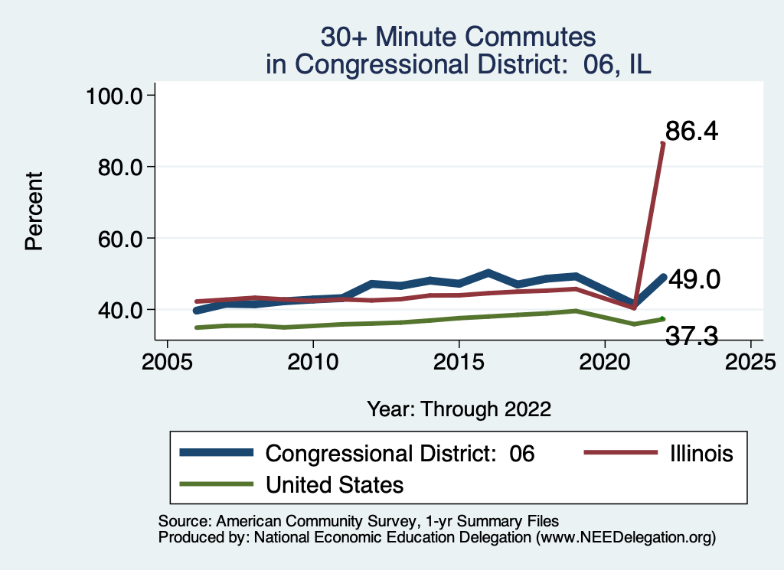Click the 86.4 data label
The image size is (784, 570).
[x=691, y=132]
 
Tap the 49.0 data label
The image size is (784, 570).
[x=694, y=280]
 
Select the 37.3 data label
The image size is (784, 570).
[x=692, y=335]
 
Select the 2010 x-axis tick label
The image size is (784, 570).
[x=312, y=360]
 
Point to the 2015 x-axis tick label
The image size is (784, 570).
[x=459, y=360]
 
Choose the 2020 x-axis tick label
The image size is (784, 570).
[x=605, y=360]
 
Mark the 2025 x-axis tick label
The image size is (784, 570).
[x=750, y=360]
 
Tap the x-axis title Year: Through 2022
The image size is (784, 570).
[x=459, y=408]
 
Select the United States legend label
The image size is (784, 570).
[x=334, y=484]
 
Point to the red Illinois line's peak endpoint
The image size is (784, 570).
[x=663, y=143]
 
